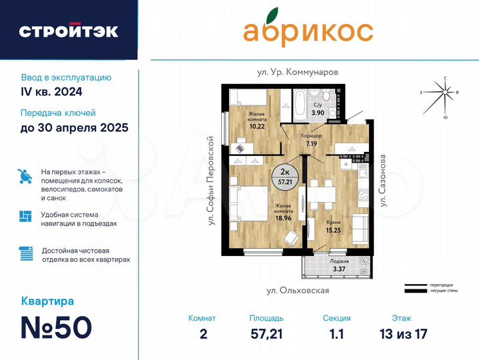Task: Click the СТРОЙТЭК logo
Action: coord(69,31)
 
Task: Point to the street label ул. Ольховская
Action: coord(298,291)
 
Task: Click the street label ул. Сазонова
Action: coord(383,182)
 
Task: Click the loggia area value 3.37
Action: coord(339,270)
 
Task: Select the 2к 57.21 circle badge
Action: coord(284,177)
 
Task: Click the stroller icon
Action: coord(25,177)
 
